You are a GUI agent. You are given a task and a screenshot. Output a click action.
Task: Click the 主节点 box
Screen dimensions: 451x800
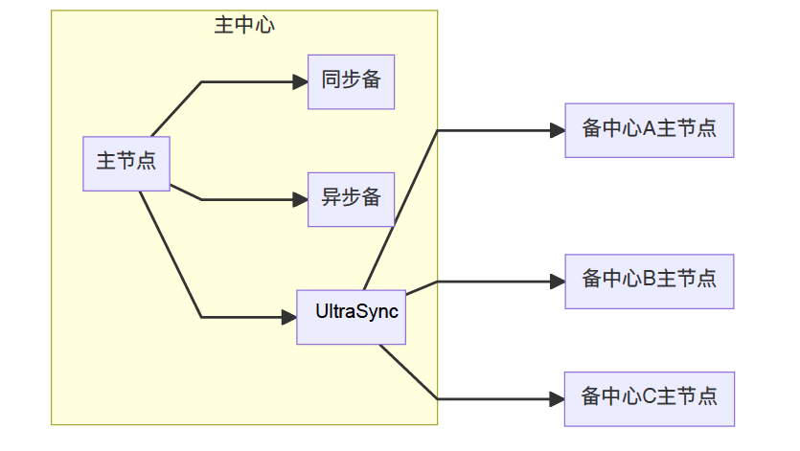pyautogui.click(x=126, y=163)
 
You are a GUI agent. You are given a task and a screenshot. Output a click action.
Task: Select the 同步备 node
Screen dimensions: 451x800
pyautogui.click(x=351, y=81)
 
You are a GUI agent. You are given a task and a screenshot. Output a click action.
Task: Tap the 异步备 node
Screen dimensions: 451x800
pyautogui.click(x=351, y=199)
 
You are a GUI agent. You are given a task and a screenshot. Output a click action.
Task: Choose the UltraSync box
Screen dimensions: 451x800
pyautogui.click(x=351, y=316)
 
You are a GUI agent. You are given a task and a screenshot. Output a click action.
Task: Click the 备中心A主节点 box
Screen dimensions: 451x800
pyautogui.click(x=649, y=129)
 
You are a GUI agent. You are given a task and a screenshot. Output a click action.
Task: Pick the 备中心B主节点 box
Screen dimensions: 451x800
pyautogui.click(x=649, y=281)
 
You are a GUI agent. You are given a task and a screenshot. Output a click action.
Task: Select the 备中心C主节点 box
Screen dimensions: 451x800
pyautogui.click(x=649, y=397)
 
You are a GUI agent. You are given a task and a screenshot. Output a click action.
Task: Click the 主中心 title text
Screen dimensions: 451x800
pyautogui.click(x=244, y=26)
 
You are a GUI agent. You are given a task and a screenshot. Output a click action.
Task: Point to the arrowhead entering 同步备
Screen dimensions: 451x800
pyautogui.click(x=300, y=82)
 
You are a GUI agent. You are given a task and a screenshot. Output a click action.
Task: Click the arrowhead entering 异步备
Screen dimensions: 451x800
pyautogui.click(x=300, y=199)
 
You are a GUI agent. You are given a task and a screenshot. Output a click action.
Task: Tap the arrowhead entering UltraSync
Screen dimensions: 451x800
pyautogui.click(x=288, y=317)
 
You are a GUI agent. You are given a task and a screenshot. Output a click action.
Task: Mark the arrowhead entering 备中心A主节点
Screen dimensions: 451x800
pyautogui.click(x=558, y=130)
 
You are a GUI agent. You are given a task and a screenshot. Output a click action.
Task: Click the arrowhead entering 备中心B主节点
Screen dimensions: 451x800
pyautogui.click(x=558, y=282)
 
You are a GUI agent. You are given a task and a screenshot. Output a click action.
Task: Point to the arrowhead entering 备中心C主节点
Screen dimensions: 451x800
pyautogui.click(x=558, y=398)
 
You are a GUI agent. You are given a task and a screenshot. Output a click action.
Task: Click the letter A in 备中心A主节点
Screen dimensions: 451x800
pyautogui.click(x=649, y=129)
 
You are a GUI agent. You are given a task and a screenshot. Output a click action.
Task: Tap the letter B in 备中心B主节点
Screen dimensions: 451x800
pyautogui.click(x=649, y=281)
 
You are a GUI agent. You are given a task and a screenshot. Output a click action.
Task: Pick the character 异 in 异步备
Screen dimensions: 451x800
pyautogui.click(x=331, y=199)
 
